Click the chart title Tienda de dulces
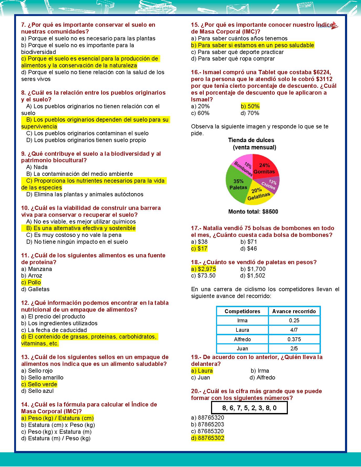(x=251, y=140)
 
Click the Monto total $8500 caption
(x=253, y=211)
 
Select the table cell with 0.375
(x=294, y=339)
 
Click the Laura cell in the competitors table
(x=242, y=330)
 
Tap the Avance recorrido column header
(x=294, y=311)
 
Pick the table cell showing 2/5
(x=294, y=349)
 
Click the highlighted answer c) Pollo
(x=31, y=283)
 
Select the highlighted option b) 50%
(x=250, y=106)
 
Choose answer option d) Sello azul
(x=37, y=391)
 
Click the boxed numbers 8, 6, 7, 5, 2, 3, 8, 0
(x=249, y=408)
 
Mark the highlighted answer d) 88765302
(x=208, y=438)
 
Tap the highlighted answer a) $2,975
(x=204, y=269)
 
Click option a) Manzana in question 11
(x=36, y=269)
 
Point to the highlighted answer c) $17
(x=199, y=248)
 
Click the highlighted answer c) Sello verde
(x=39, y=384)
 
